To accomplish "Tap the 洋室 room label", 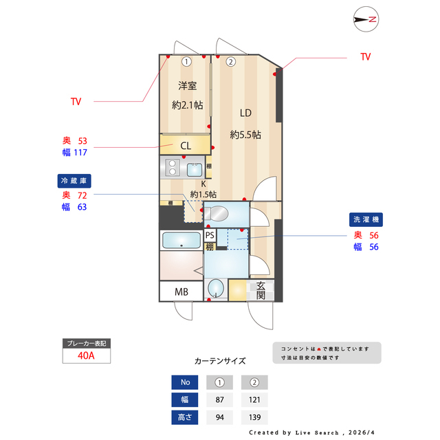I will point(187,86).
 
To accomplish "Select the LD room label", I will point(245,113).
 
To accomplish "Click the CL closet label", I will point(186,146).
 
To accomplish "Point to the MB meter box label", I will point(181,291).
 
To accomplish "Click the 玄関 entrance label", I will point(261,291).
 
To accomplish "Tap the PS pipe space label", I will point(210,235).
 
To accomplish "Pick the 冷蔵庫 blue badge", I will point(74,181).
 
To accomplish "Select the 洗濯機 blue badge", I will point(366,219).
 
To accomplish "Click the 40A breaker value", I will point(87,355).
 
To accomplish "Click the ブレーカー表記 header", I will point(86,343).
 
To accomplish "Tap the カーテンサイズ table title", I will point(220,360).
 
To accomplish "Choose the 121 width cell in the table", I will point(254,399).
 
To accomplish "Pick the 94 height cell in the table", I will point(219,417).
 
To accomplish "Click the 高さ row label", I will point(184,417).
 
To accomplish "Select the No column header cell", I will point(184,382).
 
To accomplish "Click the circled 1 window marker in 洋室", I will point(186,61).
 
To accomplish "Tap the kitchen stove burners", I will point(172,167).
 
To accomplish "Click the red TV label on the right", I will point(365,57).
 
